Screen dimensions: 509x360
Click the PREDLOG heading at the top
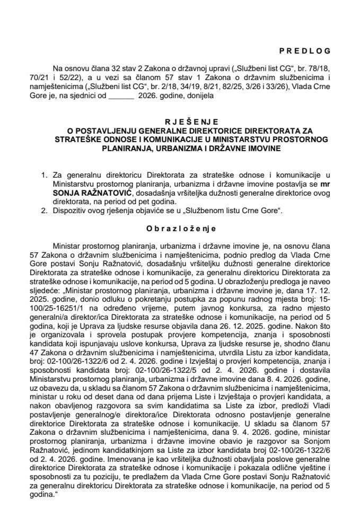[x=304, y=51]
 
